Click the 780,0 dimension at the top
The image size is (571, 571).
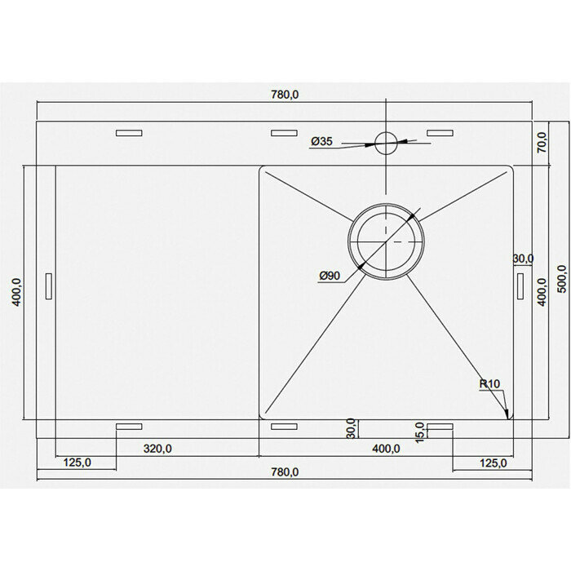coord(285,95)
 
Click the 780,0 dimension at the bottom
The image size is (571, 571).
coord(285,472)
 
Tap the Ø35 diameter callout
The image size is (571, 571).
coord(322,141)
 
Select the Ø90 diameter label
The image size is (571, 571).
coord(330,276)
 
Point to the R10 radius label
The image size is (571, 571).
coord(489,384)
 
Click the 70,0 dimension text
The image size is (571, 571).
coord(542,143)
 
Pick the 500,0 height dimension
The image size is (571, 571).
coord(562,279)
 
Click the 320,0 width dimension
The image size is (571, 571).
coord(157,449)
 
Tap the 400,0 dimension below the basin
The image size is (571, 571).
coord(386,449)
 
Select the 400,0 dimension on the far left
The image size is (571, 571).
coord(17,292)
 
